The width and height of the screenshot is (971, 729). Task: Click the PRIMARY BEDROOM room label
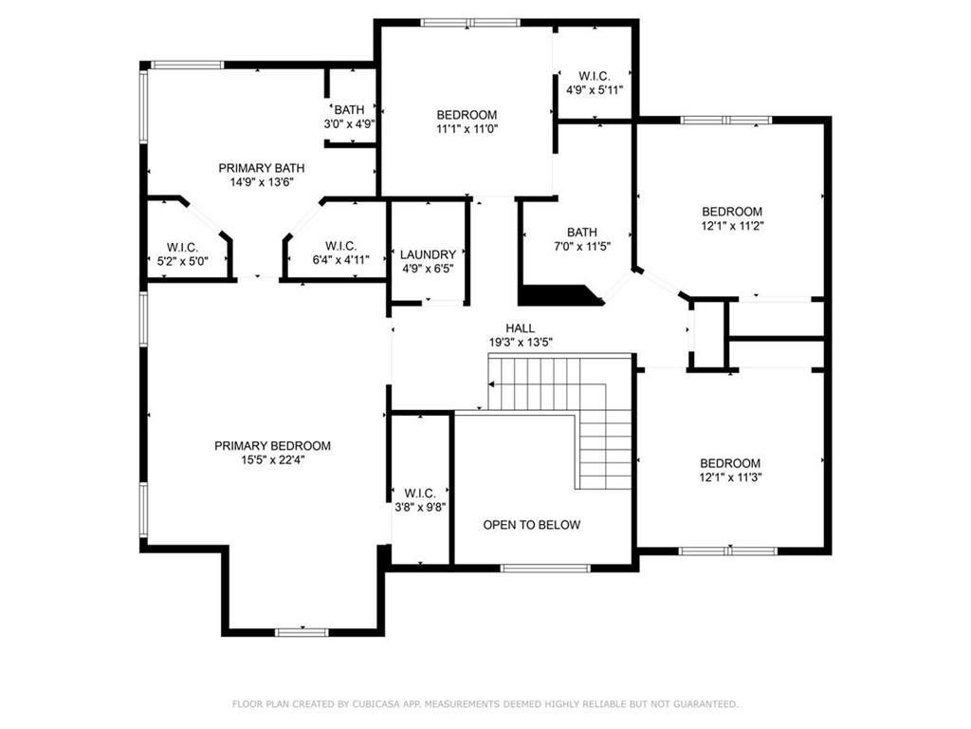coord(272,446)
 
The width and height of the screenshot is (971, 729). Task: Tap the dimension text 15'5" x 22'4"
coord(272,460)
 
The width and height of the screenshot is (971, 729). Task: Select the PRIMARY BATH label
coord(262,168)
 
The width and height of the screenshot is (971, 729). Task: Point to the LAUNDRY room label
coord(428,254)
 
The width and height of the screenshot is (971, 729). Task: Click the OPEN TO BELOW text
coord(531,525)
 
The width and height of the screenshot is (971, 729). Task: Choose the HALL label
coord(520,328)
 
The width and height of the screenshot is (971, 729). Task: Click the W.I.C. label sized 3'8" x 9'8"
coord(419,494)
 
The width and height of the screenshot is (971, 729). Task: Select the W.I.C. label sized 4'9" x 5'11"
coord(595,76)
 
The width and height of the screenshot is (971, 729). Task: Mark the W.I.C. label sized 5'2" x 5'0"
coord(182,247)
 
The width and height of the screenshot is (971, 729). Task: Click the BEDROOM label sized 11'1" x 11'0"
coord(467,115)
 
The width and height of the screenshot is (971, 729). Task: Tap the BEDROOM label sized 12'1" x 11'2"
coord(731,212)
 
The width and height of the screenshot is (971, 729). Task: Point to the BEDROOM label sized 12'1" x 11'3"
coord(731,463)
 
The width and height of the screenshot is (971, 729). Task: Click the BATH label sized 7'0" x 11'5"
coord(582,233)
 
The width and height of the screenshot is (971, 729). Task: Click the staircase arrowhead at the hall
coord(492,384)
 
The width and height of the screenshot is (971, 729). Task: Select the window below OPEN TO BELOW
coord(532,568)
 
